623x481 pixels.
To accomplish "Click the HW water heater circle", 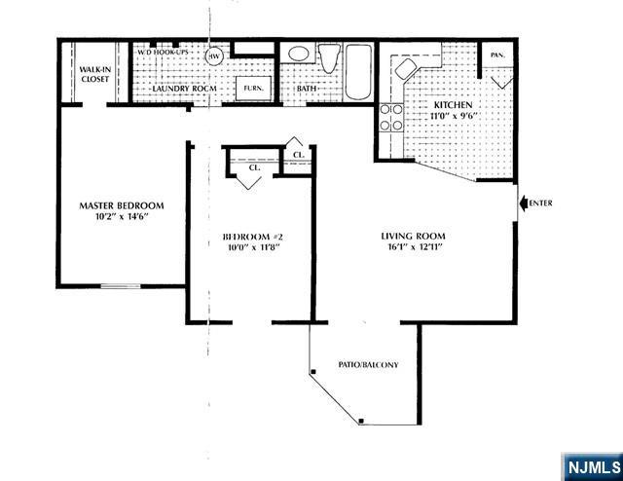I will [214, 55].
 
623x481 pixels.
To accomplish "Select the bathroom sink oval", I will [300, 54].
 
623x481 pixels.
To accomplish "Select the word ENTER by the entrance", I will [541, 203].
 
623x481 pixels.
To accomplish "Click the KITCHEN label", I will [454, 103].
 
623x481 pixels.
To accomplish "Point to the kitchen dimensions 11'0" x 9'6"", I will [454, 115].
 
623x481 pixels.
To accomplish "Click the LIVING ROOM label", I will [413, 236].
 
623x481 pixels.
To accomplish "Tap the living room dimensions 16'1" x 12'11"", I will [413, 248].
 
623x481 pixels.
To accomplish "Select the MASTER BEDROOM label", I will [121, 205].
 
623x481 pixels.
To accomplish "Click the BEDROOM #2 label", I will [252, 237].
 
